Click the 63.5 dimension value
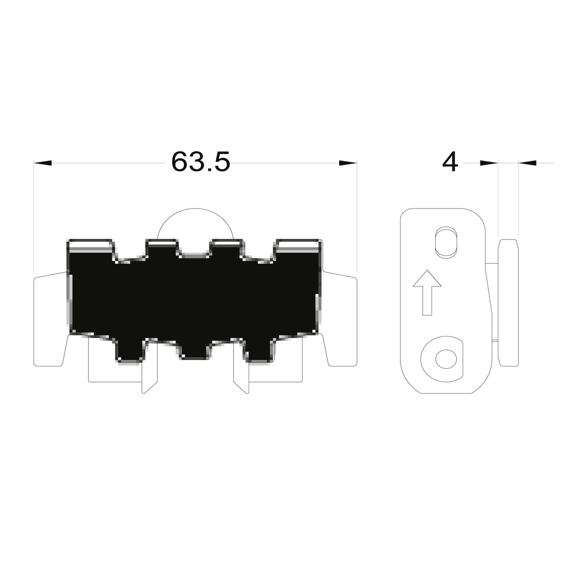[201, 162]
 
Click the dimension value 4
[450, 162]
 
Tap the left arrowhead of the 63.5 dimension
[42, 163]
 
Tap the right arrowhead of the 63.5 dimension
[348, 163]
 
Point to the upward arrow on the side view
[427, 292]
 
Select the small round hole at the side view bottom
[446, 359]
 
